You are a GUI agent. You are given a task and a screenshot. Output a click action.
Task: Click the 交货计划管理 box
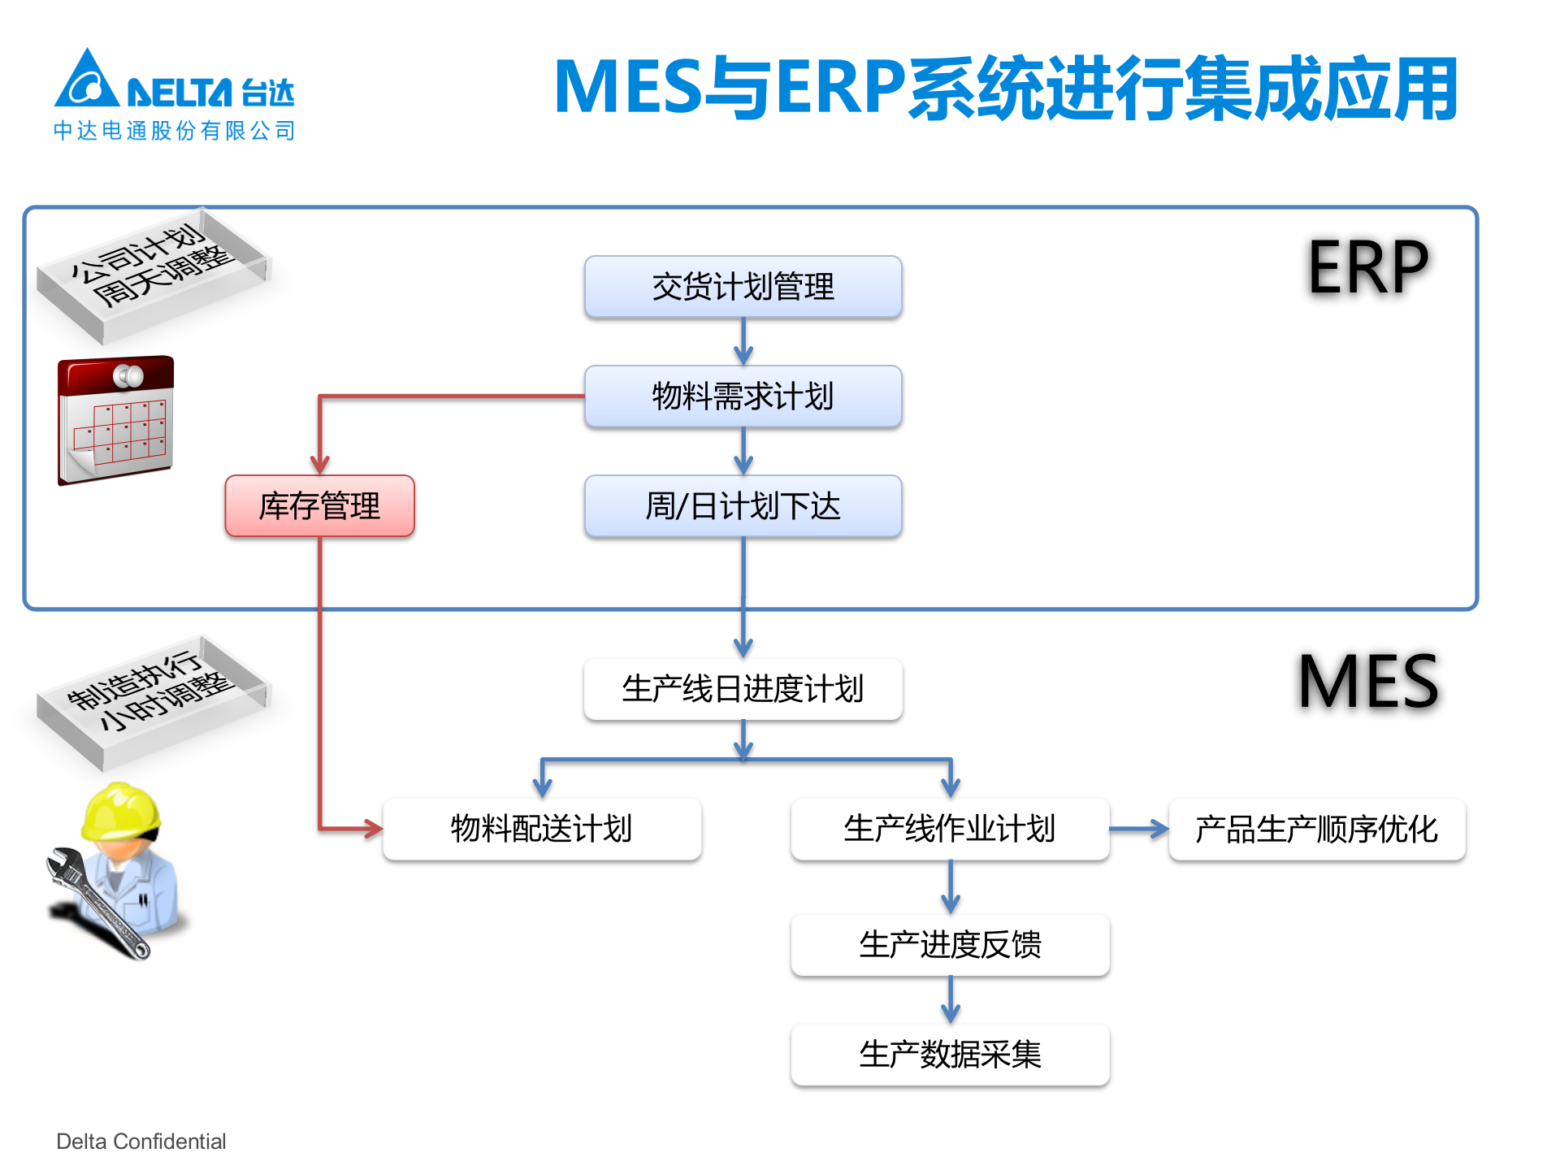[743, 287]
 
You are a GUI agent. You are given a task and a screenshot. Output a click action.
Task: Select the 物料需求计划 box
[743, 396]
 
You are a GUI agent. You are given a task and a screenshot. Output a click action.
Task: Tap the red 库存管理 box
[319, 506]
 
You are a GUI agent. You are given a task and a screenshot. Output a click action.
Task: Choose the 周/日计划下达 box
[743, 506]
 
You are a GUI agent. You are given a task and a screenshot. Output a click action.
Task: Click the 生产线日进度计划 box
[743, 689]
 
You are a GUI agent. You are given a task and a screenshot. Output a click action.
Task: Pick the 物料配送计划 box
[542, 829]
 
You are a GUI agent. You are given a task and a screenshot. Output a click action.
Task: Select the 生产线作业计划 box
[950, 829]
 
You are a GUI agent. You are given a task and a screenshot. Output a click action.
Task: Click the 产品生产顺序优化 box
[1316, 829]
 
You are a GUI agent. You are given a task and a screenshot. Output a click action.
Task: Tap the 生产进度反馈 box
[950, 945]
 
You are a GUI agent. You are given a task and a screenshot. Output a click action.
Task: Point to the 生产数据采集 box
[950, 1055]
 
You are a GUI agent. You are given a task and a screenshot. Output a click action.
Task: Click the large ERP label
[1368, 267]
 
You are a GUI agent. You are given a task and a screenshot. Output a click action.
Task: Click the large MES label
[1368, 682]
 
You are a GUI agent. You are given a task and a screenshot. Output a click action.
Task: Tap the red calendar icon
[115, 421]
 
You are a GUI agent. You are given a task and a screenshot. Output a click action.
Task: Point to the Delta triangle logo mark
[87, 81]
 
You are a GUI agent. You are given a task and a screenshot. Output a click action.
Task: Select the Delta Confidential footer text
[141, 1142]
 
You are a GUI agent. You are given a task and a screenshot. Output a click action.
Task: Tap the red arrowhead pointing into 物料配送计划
[373, 829]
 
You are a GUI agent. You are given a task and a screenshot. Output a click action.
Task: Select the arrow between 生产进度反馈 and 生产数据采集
[950, 1000]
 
